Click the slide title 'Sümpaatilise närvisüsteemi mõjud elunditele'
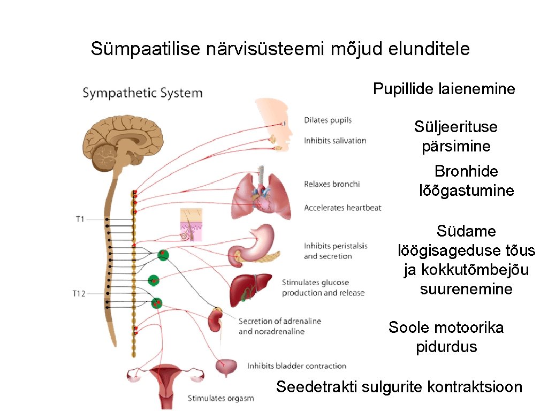point(280,49)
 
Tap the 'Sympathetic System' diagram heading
point(142,93)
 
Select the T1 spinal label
point(80,219)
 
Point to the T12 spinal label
point(79,293)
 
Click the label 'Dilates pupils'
point(328,120)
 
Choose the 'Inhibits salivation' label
point(335,141)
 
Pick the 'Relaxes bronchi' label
point(332,184)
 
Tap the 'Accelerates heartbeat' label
point(342,208)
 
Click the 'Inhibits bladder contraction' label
point(296,366)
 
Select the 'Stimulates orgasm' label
point(220,398)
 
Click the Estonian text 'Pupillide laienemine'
point(444,89)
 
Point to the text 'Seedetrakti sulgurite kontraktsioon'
point(399,387)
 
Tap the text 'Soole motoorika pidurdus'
point(446,337)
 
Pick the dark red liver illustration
point(250,289)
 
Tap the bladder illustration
point(226,367)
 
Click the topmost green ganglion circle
point(164,255)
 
